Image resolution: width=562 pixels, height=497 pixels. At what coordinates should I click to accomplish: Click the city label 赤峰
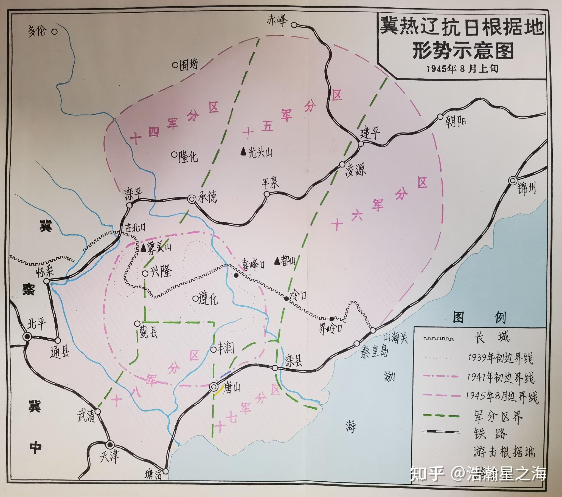[277, 21]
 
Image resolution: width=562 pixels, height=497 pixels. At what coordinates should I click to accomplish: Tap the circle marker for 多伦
[55, 32]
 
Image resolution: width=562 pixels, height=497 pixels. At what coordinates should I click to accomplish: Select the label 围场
[188, 65]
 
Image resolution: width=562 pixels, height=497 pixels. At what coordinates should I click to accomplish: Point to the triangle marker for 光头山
[243, 151]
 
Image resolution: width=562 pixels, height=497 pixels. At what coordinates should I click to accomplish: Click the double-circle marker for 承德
[191, 199]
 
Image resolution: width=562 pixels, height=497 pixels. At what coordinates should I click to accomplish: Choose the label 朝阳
[455, 121]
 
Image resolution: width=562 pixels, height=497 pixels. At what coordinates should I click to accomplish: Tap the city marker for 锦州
[513, 180]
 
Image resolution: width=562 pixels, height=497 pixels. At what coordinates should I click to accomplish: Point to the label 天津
[109, 456]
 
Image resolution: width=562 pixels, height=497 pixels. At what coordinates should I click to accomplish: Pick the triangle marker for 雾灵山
[143, 248]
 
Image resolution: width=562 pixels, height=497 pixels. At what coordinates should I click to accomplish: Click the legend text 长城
[492, 337]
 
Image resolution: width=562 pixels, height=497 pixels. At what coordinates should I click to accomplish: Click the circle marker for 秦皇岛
[357, 343]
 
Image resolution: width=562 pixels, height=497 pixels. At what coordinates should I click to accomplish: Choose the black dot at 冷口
[286, 298]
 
